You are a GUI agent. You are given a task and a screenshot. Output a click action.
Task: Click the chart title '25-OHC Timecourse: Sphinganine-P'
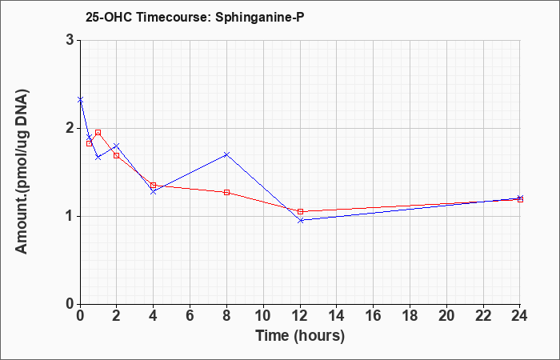click(x=194, y=17)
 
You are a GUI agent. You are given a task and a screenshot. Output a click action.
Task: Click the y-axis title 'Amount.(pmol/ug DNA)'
click(x=22, y=172)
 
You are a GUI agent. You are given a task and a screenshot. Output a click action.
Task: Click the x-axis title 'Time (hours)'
click(x=300, y=336)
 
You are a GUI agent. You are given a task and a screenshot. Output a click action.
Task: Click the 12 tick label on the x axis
click(x=300, y=316)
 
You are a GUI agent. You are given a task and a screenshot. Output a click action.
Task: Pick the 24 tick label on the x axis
click(x=520, y=316)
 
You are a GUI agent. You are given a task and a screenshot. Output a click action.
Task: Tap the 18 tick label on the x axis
click(x=410, y=316)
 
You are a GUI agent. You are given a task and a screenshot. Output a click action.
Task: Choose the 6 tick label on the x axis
click(x=190, y=316)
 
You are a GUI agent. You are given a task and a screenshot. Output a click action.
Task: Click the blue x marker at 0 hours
click(x=80, y=100)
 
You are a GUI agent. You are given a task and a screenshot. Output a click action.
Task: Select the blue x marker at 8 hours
click(x=226, y=154)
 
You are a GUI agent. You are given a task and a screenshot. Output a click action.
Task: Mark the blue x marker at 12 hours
click(x=301, y=220)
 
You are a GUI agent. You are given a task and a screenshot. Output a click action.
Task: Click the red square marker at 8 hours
click(x=226, y=193)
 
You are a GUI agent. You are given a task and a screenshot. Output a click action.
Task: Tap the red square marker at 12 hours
click(x=300, y=211)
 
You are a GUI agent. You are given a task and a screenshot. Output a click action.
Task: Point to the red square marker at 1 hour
click(x=98, y=133)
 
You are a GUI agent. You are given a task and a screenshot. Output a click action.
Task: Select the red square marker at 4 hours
click(x=154, y=185)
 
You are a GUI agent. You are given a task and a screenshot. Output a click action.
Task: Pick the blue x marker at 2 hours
click(x=117, y=146)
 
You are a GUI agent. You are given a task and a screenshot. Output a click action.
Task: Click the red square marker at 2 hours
click(x=117, y=155)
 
